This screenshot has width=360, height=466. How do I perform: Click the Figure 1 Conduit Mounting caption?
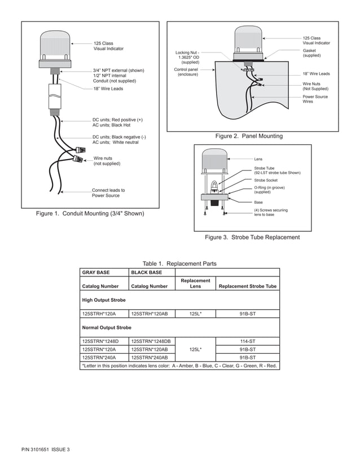pyautogui.click(x=90, y=214)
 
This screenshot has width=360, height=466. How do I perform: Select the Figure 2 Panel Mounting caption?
pyautogui.click(x=249, y=136)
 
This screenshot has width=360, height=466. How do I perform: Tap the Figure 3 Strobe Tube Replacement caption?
pyautogui.click(x=252, y=238)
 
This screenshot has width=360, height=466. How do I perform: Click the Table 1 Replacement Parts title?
pyautogui.click(x=179, y=263)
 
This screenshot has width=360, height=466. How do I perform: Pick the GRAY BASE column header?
pyautogui.click(x=96, y=272)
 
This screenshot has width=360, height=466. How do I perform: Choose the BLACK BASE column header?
pyautogui.click(x=146, y=272)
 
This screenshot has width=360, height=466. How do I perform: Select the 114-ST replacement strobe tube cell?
pyautogui.click(x=248, y=341)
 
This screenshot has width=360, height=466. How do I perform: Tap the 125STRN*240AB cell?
pyautogui.click(x=149, y=358)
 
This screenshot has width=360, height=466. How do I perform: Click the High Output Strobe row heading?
pyautogui.click(x=104, y=300)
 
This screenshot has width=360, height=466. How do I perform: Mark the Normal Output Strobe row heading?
pyautogui.click(x=107, y=327)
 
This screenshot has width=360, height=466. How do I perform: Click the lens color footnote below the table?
pyautogui.click(x=179, y=366)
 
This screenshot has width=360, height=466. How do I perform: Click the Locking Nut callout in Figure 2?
pyautogui.click(x=187, y=58)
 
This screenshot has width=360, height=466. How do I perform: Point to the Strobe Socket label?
pyautogui.click(x=266, y=180)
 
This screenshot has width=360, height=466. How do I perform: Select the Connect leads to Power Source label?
pyautogui.click(x=108, y=193)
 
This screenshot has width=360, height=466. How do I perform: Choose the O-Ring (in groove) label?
pyautogui.click(x=269, y=190)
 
